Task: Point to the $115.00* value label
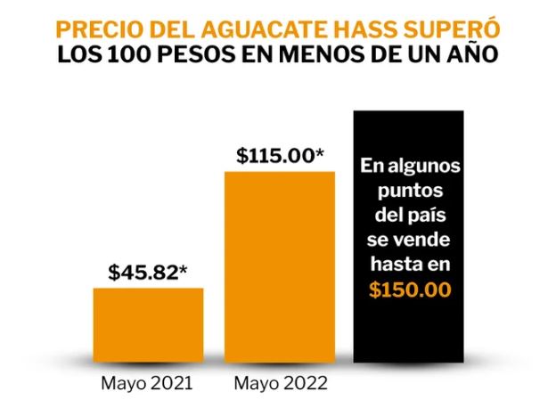[279, 154]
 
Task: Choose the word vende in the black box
[435, 240]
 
